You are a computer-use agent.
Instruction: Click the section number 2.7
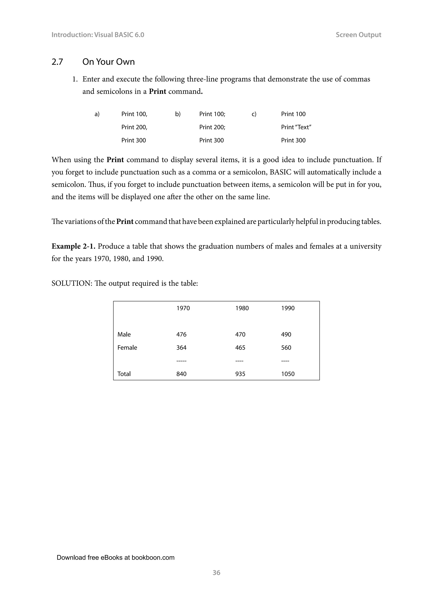[57, 62]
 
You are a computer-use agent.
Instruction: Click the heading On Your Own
[108, 62]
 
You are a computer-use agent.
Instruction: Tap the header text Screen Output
[358, 35]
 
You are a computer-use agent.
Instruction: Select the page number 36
[216, 572]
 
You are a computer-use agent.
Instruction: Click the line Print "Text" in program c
[296, 127]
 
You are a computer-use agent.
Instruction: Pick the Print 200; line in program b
[212, 127]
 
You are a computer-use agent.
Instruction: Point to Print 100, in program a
[134, 114]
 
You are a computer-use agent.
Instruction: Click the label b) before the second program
[178, 114]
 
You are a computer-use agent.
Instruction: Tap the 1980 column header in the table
[242, 308]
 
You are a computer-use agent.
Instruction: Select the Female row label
[127, 348]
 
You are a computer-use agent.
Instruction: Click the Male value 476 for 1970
[181, 335]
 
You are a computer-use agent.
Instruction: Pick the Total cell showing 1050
[288, 374]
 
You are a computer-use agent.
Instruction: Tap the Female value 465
[240, 348]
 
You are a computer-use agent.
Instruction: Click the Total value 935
[240, 374]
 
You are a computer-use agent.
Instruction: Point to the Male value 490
[286, 335]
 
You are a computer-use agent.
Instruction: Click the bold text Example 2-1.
[73, 246]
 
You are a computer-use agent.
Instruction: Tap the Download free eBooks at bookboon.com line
[115, 557]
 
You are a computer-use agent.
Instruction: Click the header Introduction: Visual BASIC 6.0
[98, 35]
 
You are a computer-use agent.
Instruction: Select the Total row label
[124, 374]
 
